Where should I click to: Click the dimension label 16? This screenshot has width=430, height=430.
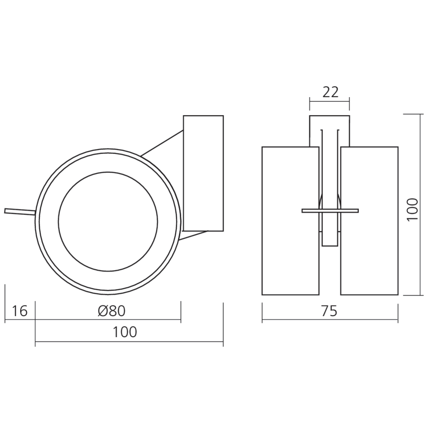tap(20, 310)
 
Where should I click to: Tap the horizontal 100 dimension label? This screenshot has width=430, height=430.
tap(125, 332)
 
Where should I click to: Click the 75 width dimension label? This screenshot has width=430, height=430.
tap(330, 310)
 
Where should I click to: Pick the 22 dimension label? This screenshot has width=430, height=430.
tap(330, 92)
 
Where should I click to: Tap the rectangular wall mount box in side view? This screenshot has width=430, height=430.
tap(203, 172)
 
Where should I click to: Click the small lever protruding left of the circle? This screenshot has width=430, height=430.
tap(19, 211)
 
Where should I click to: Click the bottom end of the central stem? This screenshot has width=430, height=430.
tap(330, 246)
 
